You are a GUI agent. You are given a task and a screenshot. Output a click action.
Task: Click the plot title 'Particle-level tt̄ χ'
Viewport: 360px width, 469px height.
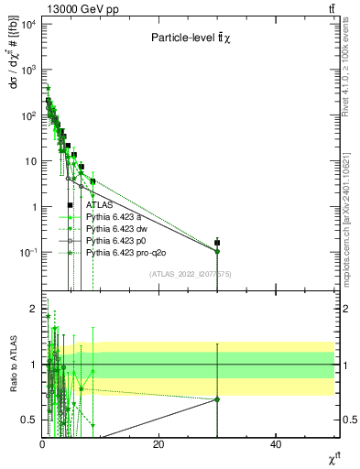(x=191, y=38)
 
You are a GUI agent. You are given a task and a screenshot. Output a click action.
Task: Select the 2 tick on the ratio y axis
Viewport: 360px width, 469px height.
(x=33, y=308)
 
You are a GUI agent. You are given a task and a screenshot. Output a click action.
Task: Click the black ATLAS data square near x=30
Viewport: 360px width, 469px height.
(x=217, y=243)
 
